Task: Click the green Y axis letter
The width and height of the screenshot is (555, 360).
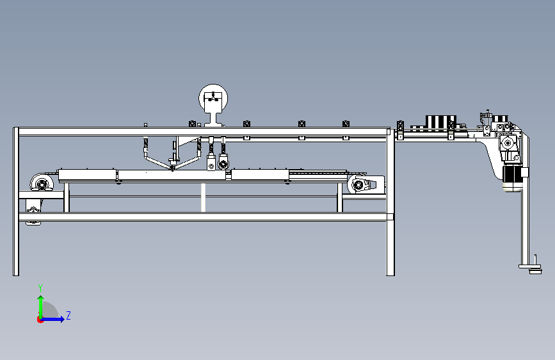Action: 40,288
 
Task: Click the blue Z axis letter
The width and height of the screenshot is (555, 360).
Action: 68,315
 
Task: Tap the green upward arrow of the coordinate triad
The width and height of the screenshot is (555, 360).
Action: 41,306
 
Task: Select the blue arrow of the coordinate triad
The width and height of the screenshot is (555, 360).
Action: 52,319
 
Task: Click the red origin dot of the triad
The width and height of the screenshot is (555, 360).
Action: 40,320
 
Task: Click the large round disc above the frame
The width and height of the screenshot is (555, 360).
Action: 213,99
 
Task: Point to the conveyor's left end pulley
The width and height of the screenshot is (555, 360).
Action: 42,184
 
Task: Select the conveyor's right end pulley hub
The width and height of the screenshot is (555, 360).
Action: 358,184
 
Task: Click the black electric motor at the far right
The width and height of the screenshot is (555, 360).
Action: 512,174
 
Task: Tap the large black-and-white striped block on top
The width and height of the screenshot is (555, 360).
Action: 440,122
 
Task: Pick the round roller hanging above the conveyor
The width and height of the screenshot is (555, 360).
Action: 223,164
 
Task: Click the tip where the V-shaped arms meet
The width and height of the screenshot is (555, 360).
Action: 172,169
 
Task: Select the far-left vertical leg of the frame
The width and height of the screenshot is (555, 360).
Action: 15,202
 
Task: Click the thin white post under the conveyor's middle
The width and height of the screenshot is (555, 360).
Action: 203,198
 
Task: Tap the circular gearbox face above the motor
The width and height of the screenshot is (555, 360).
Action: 508,143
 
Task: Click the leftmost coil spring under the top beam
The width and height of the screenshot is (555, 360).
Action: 145,144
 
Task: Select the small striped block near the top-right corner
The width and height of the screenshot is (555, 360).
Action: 500,119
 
